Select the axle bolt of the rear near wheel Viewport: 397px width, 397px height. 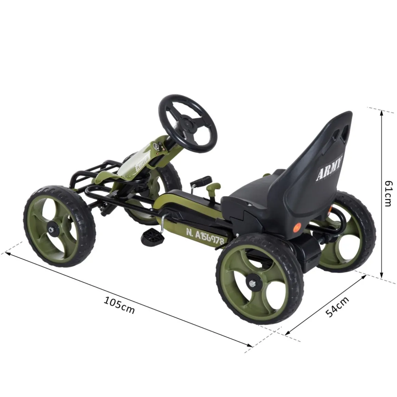[253, 283]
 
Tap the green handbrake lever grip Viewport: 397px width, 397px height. [215, 188]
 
